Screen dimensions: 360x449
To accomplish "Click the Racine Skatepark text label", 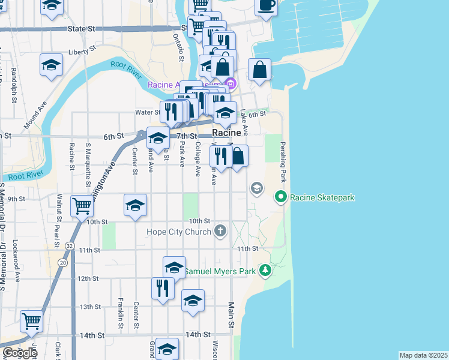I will (x=322, y=197).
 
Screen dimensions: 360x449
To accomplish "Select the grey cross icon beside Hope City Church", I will (x=220, y=230).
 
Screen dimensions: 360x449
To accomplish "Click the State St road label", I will (x=82, y=28).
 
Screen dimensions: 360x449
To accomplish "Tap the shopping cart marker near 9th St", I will (x=82, y=206).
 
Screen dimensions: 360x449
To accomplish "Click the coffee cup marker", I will (x=266, y=5).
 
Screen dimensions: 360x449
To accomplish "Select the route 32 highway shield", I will (x=70, y=246).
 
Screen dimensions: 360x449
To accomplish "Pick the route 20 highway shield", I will (x=62, y=262).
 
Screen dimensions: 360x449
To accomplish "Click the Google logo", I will (x=20, y=352).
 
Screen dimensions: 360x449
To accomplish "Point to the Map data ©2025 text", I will (x=423, y=355).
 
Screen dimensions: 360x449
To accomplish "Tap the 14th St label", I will (x=198, y=334).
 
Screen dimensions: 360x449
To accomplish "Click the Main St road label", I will (x=231, y=316).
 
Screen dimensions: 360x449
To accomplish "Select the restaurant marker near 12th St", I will (x=162, y=288).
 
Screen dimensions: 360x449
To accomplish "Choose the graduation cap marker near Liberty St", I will (x=52, y=65).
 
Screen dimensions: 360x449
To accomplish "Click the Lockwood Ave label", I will (x=17, y=268).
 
